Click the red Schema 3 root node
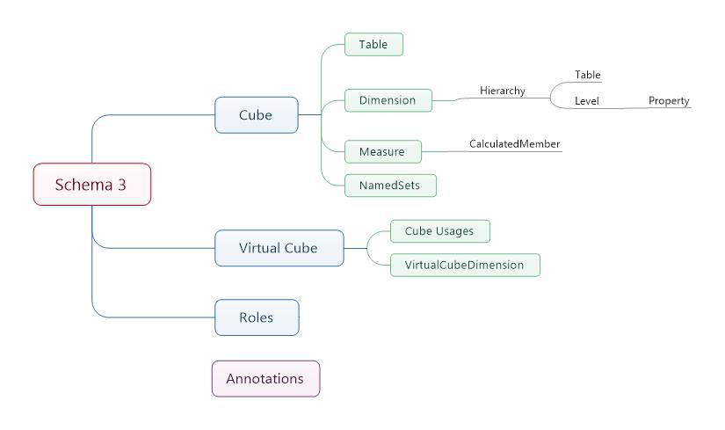(91, 185)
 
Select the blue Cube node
(256, 115)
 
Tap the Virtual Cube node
(279, 248)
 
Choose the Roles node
(257, 317)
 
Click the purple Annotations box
(265, 379)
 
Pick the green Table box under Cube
(373, 45)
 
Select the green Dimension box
(388, 100)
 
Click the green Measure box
(382, 151)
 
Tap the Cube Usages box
(439, 231)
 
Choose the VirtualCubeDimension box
(464, 265)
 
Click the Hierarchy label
(503, 91)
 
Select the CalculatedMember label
(515, 143)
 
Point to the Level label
(587, 101)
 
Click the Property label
(669, 101)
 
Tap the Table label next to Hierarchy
(588, 76)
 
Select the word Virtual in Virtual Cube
(261, 248)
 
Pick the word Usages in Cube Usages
(457, 231)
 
